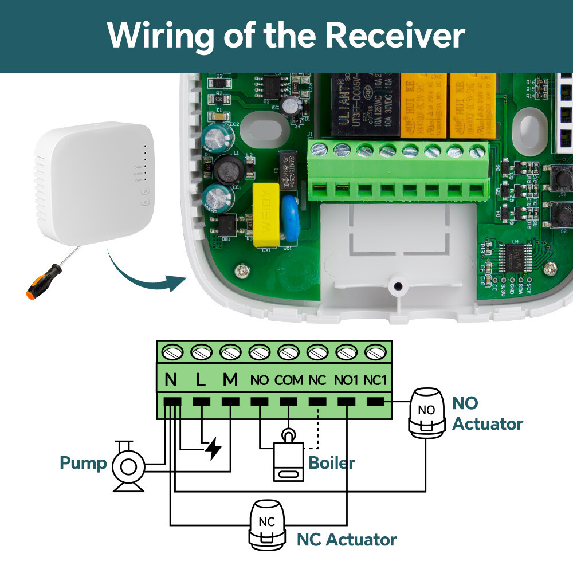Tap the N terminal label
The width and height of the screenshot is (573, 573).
[171, 379]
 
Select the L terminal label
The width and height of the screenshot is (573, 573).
[201, 379]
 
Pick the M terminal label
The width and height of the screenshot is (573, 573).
[230, 379]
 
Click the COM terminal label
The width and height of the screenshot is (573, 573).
[288, 379]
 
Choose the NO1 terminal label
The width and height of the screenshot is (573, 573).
[347, 379]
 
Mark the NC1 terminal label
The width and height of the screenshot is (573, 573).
[376, 379]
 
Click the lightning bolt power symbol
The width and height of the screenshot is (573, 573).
[213, 448]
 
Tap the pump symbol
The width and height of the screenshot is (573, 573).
[128, 466]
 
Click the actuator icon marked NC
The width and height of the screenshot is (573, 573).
[267, 524]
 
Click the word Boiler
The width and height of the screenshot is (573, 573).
[332, 462]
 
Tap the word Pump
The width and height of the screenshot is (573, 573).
[84, 462]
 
